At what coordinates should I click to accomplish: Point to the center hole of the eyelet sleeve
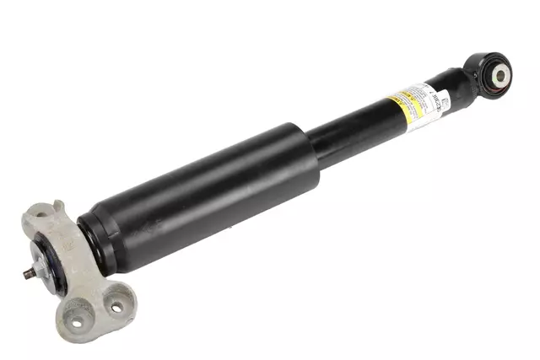(499, 75)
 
